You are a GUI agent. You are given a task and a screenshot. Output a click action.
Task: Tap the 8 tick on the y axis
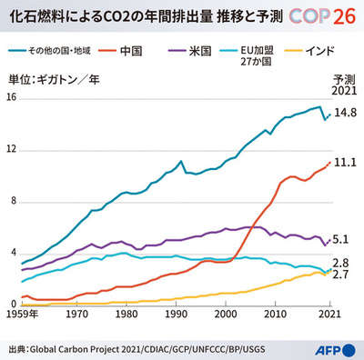[x=11, y=201]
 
